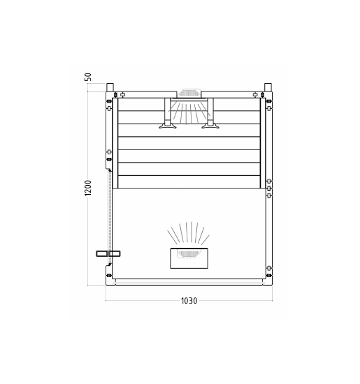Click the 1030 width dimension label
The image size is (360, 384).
189,300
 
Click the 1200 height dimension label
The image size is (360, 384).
88,188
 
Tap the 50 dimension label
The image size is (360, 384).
88,77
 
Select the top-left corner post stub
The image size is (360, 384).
110,87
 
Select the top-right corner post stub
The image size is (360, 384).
268,87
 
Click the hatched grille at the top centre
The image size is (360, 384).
189,93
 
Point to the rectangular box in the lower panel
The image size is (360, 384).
189,258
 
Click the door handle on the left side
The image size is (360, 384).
108,253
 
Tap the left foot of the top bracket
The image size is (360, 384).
168,126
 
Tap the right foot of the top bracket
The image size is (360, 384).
210,126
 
